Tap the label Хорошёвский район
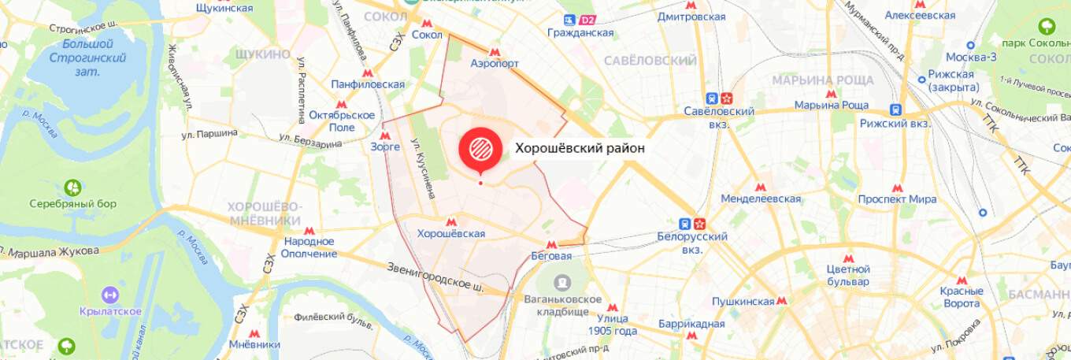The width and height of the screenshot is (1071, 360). point(580,147)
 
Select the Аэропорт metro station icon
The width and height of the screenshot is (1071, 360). point(495,51)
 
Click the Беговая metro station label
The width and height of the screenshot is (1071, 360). point(551,256)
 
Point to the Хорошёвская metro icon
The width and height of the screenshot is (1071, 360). point(451,222)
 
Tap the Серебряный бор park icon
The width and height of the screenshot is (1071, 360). point(73,187)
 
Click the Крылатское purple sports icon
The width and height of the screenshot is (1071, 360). point(110,295)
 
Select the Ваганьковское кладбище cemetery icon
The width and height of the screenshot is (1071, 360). point(562,282)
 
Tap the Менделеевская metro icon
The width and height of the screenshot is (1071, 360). point(760,187)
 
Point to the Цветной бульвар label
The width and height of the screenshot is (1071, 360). point(847,276)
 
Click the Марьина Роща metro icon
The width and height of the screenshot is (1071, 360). point(830,94)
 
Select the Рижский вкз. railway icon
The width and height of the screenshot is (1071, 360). point(895,110)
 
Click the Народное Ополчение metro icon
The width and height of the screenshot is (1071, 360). point(309,231)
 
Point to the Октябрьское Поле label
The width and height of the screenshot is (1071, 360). point(342,121)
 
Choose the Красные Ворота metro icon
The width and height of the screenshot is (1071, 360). point(962,280)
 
